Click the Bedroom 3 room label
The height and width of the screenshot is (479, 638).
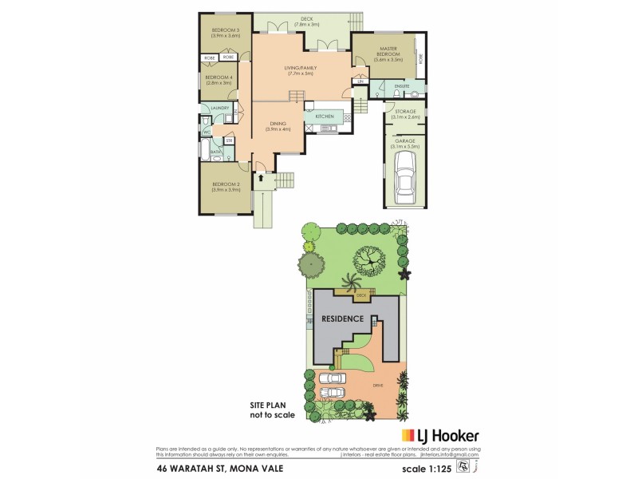tap(226, 33)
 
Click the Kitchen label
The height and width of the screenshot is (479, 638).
tap(324, 117)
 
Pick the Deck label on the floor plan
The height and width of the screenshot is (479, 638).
tap(306, 22)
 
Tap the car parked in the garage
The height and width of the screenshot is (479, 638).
tap(406, 178)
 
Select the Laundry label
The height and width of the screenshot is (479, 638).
tap(220, 108)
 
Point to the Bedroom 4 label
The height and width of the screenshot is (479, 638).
tap(219, 79)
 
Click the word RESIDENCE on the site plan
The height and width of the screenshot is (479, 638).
tap(342, 319)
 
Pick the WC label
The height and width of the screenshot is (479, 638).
tap(207, 133)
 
